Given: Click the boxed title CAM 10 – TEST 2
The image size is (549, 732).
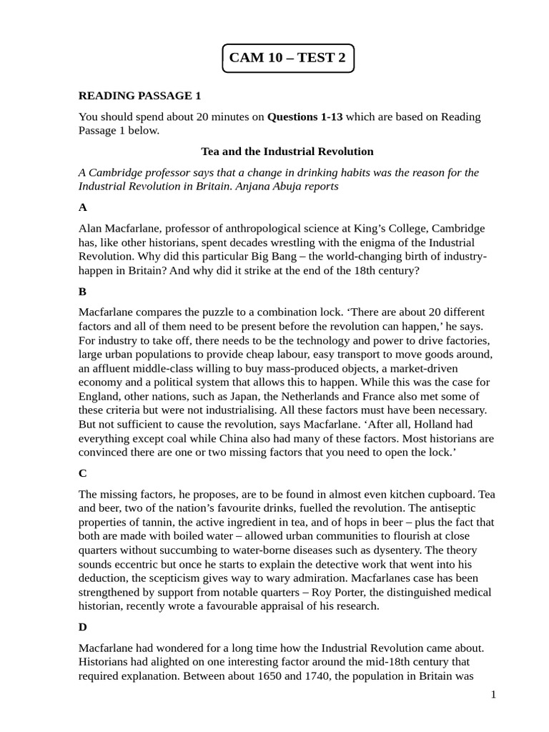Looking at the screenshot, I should (288, 58).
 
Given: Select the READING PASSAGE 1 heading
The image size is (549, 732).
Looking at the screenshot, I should (140, 96).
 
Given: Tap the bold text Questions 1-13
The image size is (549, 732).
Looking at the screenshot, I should (305, 117).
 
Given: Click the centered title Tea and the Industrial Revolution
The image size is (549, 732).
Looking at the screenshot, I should (287, 152).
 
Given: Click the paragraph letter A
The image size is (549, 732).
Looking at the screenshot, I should (83, 207).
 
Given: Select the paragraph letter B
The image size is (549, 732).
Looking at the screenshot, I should (83, 292).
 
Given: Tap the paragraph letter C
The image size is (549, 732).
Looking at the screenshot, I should (83, 473).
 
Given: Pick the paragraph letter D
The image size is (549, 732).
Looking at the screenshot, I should (83, 627).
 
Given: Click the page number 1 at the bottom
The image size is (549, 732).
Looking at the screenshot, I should (493, 695).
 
